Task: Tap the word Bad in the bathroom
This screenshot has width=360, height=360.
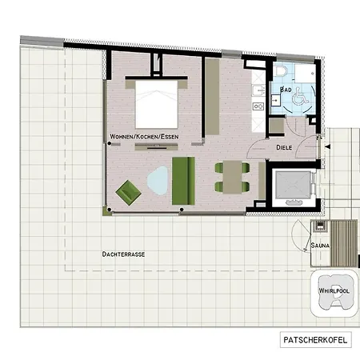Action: click(x=286, y=90)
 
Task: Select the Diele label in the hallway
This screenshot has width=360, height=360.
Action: click(x=283, y=147)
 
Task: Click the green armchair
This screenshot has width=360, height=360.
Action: click(x=128, y=192)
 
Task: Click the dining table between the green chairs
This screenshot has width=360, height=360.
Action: click(x=231, y=177)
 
